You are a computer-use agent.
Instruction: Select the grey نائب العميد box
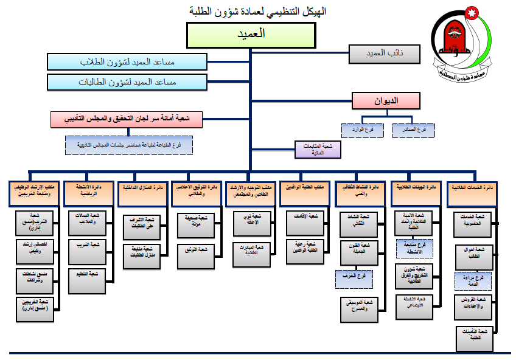coord(385,54)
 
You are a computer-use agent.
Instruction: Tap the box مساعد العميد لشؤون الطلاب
coord(127,62)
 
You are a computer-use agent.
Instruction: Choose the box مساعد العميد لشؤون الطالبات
coord(127,81)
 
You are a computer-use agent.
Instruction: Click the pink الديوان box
coord(386,101)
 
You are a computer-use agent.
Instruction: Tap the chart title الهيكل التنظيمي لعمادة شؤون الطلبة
coord(258,12)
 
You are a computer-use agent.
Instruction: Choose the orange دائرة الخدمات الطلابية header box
coord(472,191)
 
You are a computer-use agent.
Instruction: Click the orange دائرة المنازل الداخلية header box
coord(142,191)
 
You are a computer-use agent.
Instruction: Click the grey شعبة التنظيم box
coord(88,274)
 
